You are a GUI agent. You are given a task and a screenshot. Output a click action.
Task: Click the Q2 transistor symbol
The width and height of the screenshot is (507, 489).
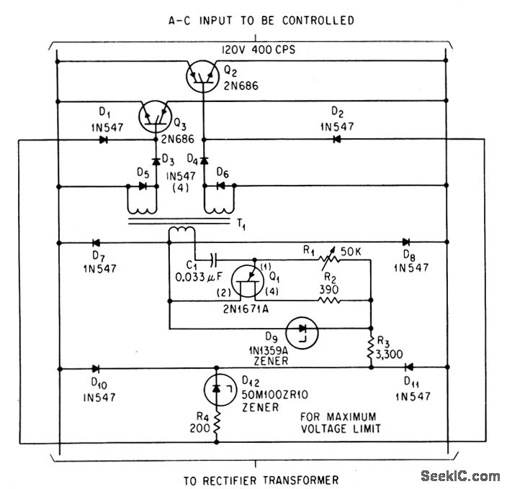coord(202,76)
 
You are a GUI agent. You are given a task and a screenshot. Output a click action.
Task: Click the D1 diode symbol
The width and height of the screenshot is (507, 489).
coord(104,140)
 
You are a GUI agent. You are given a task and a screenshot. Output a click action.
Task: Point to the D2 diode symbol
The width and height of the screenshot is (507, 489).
coord(336,140)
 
